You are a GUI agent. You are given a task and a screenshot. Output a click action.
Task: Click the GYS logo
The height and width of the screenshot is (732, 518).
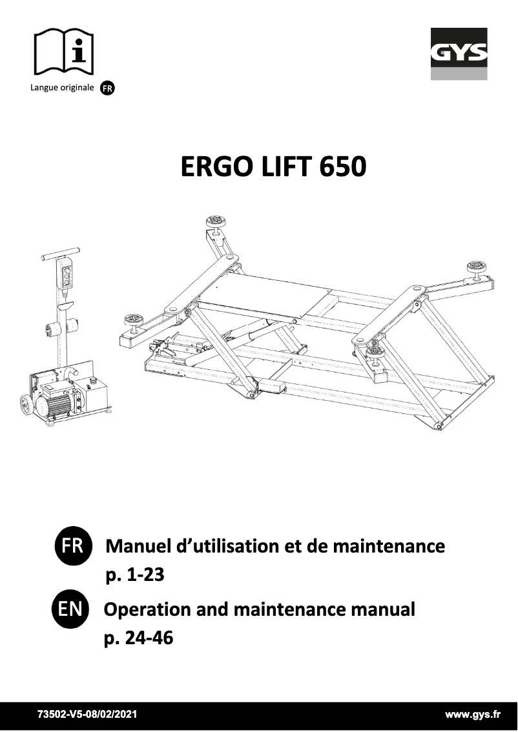tap(459, 54)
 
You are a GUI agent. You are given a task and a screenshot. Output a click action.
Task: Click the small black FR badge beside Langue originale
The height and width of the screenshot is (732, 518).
tap(107, 89)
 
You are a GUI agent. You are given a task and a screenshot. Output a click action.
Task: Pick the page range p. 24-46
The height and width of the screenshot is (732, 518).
tap(138, 639)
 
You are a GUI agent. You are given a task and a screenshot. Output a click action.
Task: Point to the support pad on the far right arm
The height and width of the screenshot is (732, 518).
tap(476, 266)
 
